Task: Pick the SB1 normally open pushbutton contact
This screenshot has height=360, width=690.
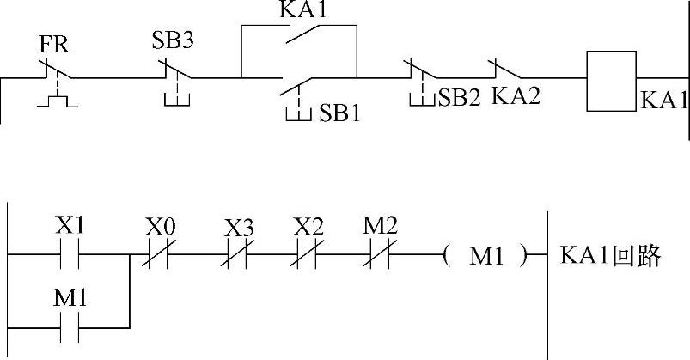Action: pos(296,84)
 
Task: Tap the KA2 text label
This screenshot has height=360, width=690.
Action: pos(516,96)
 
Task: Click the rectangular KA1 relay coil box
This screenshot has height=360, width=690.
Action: pos(611,81)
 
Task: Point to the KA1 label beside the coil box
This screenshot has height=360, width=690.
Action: pos(663,100)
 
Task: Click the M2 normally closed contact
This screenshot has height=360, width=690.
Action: pos(379,255)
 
